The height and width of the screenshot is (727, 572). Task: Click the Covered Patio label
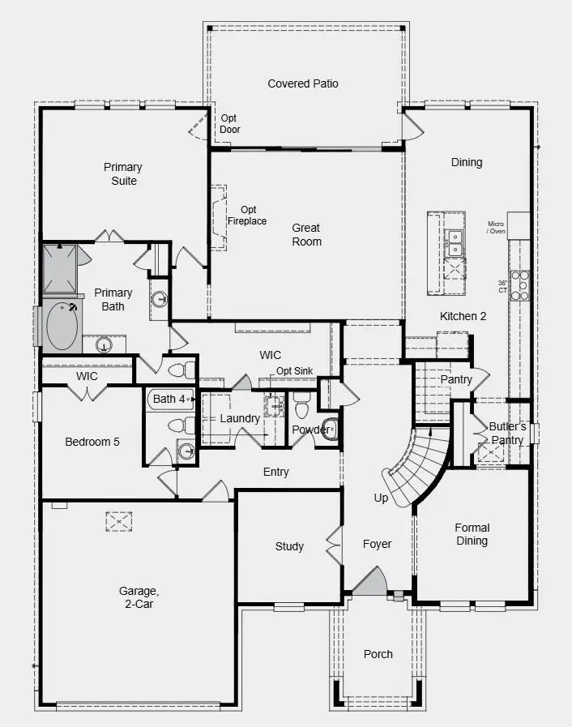(x=303, y=83)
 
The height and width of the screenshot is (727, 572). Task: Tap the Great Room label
(x=306, y=235)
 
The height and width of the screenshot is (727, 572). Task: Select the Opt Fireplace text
(x=247, y=216)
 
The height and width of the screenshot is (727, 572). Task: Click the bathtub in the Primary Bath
(x=63, y=325)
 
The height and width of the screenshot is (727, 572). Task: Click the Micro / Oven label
(x=496, y=228)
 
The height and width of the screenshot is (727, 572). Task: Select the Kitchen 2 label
(x=463, y=316)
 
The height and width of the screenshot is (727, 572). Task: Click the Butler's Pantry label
(x=507, y=433)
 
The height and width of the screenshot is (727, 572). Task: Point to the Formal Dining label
(x=472, y=534)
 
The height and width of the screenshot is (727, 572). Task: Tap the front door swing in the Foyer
(x=369, y=580)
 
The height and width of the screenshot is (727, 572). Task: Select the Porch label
(x=378, y=654)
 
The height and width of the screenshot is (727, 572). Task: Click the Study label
(x=289, y=546)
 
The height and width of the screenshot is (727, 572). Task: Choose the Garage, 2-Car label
(x=136, y=597)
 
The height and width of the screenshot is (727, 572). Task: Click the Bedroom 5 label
(x=92, y=442)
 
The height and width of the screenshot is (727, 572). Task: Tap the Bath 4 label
(x=169, y=399)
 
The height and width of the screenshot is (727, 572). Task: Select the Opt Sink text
(x=295, y=371)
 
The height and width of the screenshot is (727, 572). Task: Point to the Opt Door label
(x=230, y=123)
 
